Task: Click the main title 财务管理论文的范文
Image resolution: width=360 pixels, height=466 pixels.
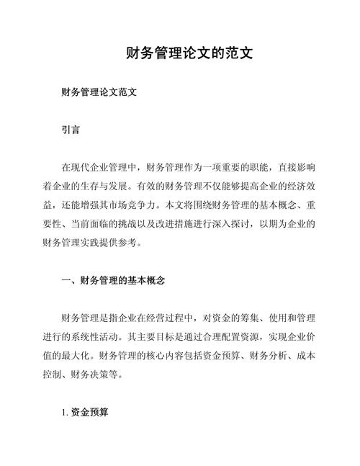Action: (x=188, y=54)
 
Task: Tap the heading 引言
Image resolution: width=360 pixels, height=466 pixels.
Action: (x=71, y=131)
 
